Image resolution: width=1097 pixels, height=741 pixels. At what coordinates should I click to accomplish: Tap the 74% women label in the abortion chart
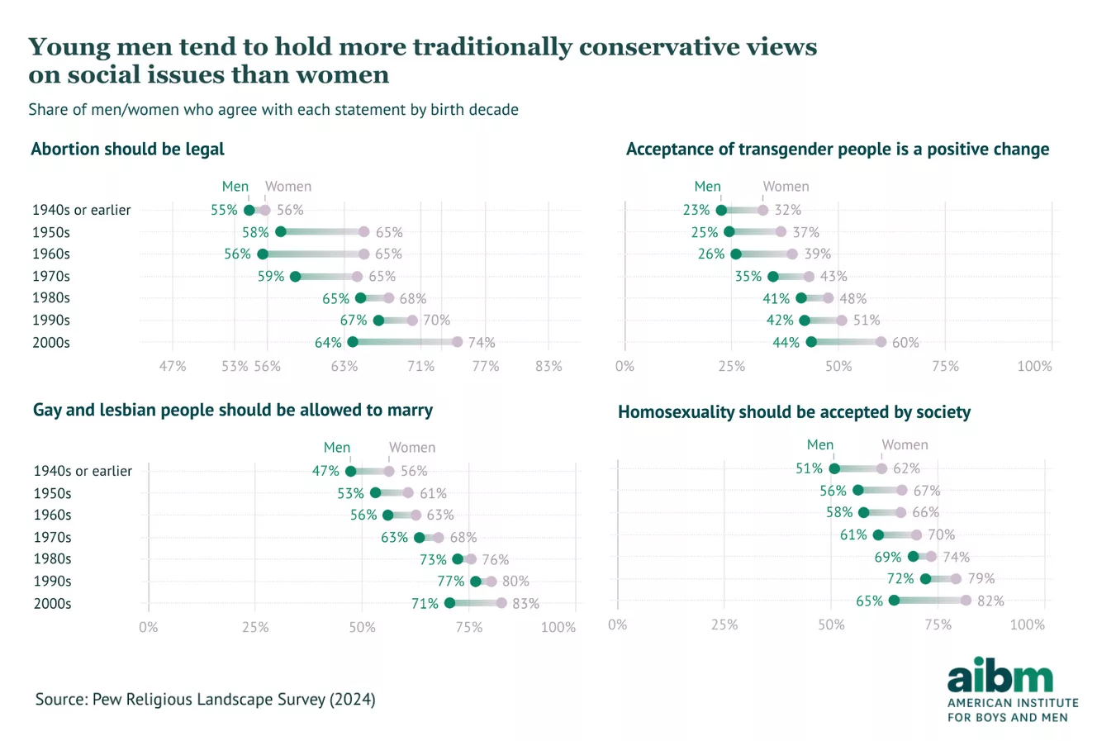point(482,342)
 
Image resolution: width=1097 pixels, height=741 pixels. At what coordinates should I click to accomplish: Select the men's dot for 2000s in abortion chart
point(353,342)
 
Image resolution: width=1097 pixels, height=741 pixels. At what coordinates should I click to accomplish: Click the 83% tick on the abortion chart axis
point(548,365)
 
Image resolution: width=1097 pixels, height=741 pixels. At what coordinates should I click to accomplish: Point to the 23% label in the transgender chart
point(696,210)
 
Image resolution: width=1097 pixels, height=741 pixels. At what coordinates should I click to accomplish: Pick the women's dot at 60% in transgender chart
point(881,342)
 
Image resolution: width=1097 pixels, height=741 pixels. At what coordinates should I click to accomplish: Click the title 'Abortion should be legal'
point(127,150)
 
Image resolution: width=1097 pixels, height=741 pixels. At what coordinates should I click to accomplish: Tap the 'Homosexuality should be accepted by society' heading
point(794,412)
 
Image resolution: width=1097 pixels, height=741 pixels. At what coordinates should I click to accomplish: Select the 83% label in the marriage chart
point(525,603)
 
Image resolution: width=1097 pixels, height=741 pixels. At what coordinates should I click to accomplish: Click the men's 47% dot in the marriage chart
point(350,471)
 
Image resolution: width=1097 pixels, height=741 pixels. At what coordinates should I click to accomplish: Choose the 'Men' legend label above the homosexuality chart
point(820,444)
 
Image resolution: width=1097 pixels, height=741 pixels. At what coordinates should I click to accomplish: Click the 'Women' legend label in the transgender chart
point(786,187)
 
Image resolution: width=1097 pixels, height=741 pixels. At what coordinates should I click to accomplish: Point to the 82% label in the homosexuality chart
point(990,601)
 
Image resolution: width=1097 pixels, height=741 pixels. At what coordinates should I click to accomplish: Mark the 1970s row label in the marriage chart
point(52,537)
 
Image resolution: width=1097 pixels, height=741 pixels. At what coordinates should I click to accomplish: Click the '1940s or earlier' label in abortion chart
point(81,210)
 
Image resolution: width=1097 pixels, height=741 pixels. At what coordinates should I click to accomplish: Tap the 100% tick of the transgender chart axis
point(1034,365)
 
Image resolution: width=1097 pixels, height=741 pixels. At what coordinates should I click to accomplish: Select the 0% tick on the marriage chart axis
point(149,627)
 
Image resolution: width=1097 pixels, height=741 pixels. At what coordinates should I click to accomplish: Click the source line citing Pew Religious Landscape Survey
point(205,700)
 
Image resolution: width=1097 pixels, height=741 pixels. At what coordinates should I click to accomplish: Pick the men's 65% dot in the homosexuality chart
point(894,601)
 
